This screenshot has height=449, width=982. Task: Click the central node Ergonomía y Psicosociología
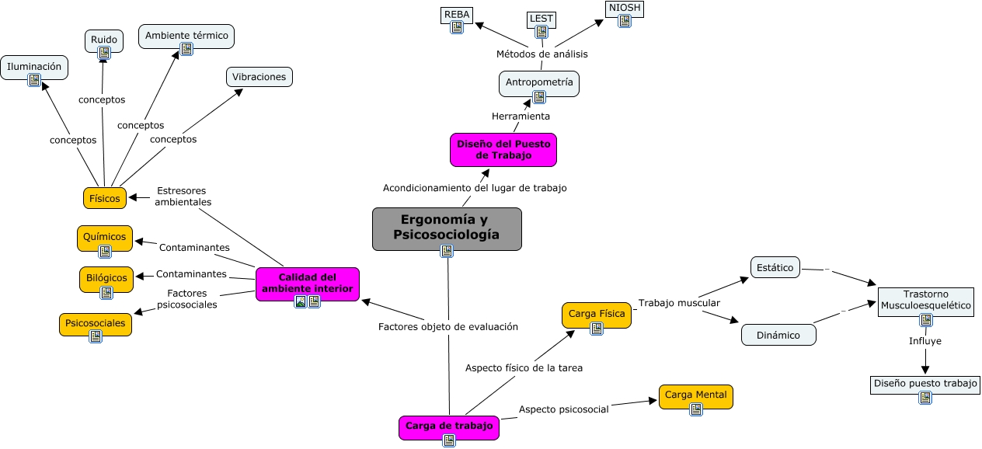click(447, 227)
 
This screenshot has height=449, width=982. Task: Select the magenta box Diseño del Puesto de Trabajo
click(503, 149)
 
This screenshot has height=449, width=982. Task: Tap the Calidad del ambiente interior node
click(307, 283)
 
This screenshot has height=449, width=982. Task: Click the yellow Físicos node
click(105, 198)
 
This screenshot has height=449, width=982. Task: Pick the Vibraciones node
click(259, 76)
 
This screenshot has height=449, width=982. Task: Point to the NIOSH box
click(625, 9)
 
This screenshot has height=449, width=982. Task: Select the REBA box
click(457, 14)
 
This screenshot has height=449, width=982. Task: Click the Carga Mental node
click(695, 395)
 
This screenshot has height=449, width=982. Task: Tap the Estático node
click(775, 267)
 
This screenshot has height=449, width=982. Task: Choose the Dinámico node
click(778, 335)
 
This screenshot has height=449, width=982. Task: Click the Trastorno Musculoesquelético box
click(925, 300)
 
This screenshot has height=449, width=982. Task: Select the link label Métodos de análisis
click(541, 54)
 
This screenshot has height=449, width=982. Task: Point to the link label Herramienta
click(521, 117)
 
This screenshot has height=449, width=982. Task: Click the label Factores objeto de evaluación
click(447, 327)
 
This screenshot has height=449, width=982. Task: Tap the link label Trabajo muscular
click(679, 302)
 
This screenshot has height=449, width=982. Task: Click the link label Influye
click(925, 341)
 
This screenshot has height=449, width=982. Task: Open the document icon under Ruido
click(104, 53)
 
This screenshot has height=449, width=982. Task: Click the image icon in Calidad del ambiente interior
click(301, 301)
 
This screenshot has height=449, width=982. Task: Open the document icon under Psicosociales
click(96, 336)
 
